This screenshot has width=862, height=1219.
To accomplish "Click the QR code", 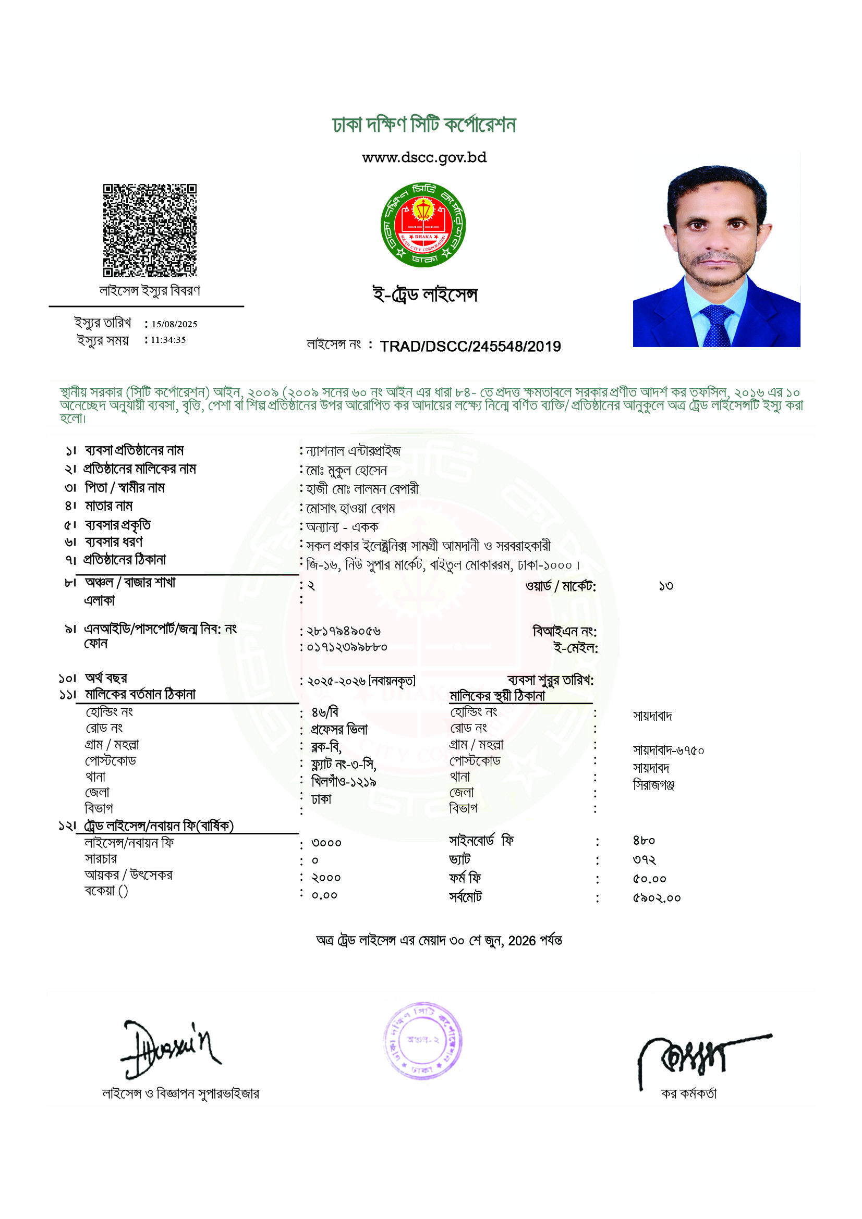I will (x=149, y=230).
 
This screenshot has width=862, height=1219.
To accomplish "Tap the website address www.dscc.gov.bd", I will (x=424, y=158).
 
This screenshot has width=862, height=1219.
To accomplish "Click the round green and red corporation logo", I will (x=423, y=225).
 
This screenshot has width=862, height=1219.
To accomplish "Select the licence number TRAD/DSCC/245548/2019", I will (x=470, y=346).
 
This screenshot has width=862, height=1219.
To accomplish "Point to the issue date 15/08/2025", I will (x=174, y=324).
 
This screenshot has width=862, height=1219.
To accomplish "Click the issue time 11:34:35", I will (x=168, y=340).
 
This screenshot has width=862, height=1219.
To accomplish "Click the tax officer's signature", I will (x=696, y=1056).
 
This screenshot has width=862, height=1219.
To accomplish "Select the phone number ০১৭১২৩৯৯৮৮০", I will (x=347, y=647).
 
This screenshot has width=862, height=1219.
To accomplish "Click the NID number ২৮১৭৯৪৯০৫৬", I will (x=344, y=631).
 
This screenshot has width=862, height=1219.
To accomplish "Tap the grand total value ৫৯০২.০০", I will (x=657, y=898).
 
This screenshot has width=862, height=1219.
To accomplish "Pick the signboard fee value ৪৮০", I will (x=644, y=841).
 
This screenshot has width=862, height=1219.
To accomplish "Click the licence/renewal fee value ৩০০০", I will (x=326, y=843).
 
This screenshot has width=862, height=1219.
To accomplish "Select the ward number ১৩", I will (x=665, y=586).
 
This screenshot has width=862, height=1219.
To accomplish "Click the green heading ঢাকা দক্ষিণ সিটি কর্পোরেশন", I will (x=424, y=125).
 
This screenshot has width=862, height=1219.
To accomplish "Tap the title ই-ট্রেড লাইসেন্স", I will (x=425, y=294).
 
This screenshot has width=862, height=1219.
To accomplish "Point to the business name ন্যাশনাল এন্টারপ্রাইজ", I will (x=353, y=451).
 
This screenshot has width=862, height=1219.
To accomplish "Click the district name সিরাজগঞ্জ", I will (x=653, y=785).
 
